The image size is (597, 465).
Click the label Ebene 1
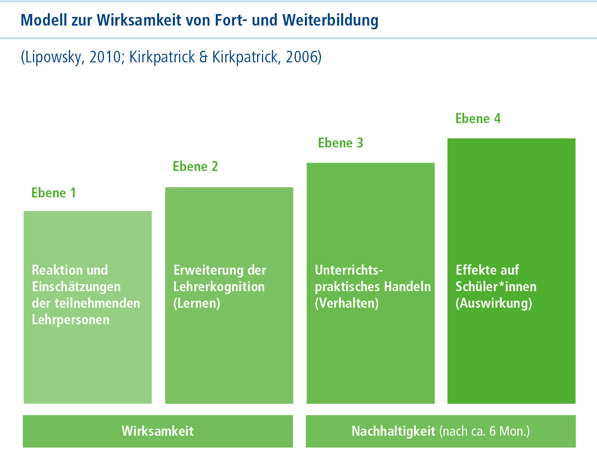coord(54,193)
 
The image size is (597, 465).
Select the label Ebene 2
coord(195,166)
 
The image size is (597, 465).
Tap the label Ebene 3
coord(340,143)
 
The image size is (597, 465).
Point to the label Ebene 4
coord(478,119)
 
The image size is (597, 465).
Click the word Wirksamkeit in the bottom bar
coord(158,431)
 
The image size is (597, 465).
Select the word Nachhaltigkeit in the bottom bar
coord(393,431)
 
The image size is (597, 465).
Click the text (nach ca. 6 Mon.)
coord(484,431)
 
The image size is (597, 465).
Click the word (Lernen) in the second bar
coord(197,303)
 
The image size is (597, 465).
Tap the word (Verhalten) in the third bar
coord(347,303)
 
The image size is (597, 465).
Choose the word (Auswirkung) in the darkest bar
coord(494,303)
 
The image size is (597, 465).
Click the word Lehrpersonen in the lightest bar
coord(71,320)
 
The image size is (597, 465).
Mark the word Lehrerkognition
coord(219,287)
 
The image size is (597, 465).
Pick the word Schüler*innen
coord(496,287)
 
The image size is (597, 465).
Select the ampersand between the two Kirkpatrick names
coord(203,57)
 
